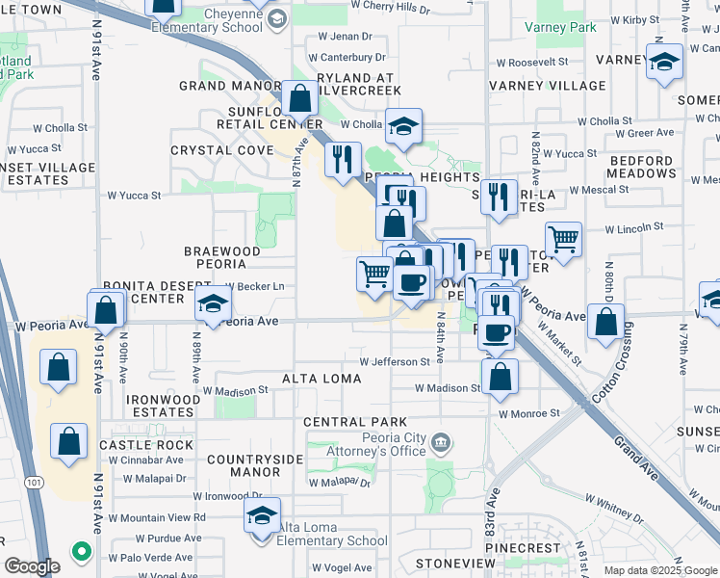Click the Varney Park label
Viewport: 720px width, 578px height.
point(560,27)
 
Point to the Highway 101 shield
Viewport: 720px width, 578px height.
point(36,481)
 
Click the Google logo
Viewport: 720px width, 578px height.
point(32,566)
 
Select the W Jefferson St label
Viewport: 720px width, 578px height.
point(395,361)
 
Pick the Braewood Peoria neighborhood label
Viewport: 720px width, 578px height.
point(222,257)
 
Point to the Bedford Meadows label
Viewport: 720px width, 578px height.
point(655,167)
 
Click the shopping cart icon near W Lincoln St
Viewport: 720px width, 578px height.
point(563,238)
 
